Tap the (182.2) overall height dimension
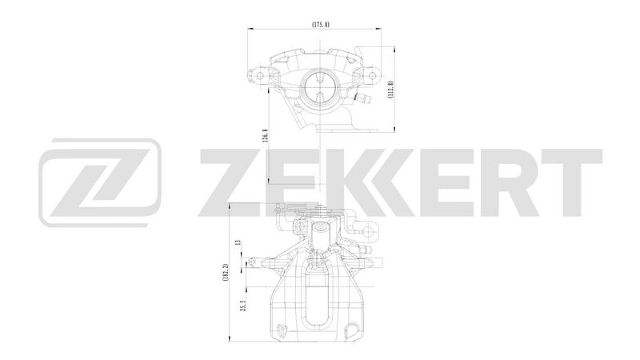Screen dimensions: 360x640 tap(226, 271)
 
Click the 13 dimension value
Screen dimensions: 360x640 tap(238, 243)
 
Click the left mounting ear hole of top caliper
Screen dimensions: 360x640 tap(259, 76)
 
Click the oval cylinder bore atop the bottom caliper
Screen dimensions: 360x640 tap(321, 233)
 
